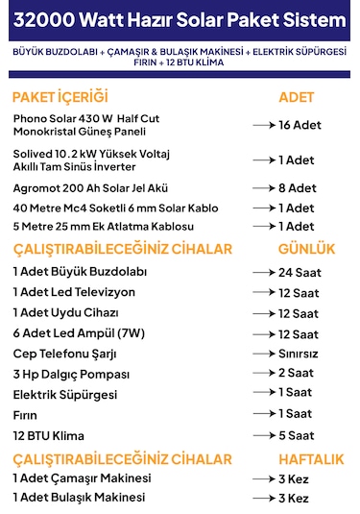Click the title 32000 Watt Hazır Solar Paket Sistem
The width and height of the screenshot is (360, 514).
pos(180,18)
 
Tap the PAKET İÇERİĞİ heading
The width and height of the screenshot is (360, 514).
pos(60,97)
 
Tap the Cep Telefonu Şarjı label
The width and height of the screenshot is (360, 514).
pos(64,353)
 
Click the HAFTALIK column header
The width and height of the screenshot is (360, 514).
pos(311,458)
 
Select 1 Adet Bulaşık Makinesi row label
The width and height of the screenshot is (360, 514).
pos(79,498)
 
